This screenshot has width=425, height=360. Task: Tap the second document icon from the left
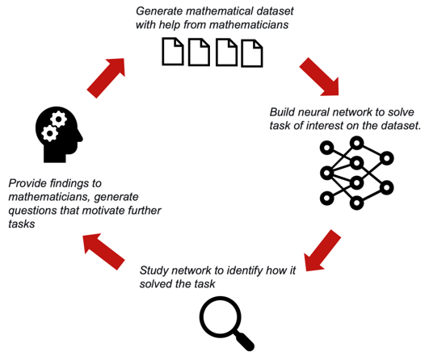pyautogui.click(x=199, y=52)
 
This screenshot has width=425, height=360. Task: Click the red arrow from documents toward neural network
pyautogui.click(x=319, y=77)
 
